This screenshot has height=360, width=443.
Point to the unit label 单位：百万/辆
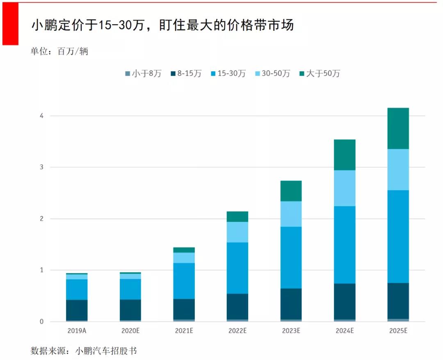pyautogui.click(x=59, y=52)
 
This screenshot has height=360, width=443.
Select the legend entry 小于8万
pyautogui.click(x=143, y=74)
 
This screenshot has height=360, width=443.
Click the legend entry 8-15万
pyautogui.click(x=186, y=74)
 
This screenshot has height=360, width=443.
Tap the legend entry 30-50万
pyautogui.click(x=272, y=74)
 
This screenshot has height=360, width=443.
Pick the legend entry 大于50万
pyautogui.click(x=319, y=74)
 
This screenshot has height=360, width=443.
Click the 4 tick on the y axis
pyautogui.click(x=41, y=116)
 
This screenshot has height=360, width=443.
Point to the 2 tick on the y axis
pyautogui.click(x=41, y=219)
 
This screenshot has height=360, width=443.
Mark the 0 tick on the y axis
pyautogui.click(x=41, y=321)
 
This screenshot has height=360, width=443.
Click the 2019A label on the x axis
pyautogui.click(x=77, y=331)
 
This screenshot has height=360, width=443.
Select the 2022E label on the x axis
pyautogui.click(x=237, y=331)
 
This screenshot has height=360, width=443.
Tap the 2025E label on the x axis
pyautogui.click(x=398, y=331)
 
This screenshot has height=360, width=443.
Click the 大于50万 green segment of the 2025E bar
pyautogui.click(x=398, y=128)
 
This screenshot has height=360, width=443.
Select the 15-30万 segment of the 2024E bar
pyautogui.click(x=345, y=245)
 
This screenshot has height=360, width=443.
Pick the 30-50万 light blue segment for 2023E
pyautogui.click(x=291, y=214)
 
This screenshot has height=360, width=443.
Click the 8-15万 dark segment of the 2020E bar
pyautogui.click(x=130, y=310)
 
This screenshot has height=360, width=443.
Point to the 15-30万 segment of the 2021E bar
pyautogui.click(x=184, y=281)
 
